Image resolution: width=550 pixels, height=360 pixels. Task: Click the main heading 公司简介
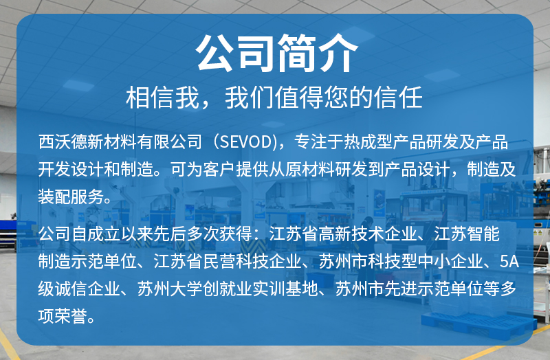coord(275,52)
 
